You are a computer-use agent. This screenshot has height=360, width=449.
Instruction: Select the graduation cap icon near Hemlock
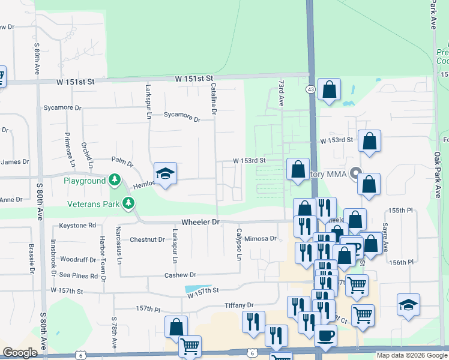coord(165,175)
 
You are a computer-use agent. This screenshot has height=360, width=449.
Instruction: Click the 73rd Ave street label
coord(280,92)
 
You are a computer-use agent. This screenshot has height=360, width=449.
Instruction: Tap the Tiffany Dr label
coord(239,305)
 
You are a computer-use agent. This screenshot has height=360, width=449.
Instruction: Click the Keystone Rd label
coord(77,226)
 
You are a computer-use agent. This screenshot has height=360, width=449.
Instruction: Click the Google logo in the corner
coord(20,353)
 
